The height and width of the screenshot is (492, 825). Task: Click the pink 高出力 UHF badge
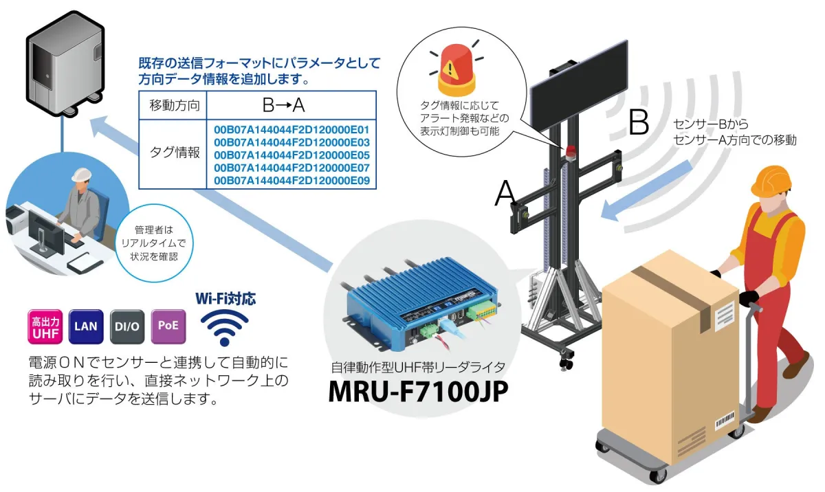click(x=45, y=327)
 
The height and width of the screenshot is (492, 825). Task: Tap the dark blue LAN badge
click(x=86, y=327)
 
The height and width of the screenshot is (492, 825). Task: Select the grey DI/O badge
click(x=127, y=327)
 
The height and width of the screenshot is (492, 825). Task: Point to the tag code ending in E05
click(x=291, y=155)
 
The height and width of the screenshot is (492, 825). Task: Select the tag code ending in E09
click(x=291, y=181)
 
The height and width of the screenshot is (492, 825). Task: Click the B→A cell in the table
click(x=283, y=106)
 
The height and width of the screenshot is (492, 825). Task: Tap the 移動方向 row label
click(x=175, y=106)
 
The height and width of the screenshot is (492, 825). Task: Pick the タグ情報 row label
click(x=175, y=153)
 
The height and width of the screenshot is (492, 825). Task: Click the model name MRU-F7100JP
click(x=418, y=392)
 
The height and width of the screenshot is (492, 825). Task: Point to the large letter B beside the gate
click(x=639, y=122)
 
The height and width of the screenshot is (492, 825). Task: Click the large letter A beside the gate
click(x=505, y=193)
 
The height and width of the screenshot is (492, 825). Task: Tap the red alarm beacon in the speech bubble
click(x=456, y=71)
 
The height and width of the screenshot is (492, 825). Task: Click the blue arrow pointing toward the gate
click(x=646, y=191)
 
